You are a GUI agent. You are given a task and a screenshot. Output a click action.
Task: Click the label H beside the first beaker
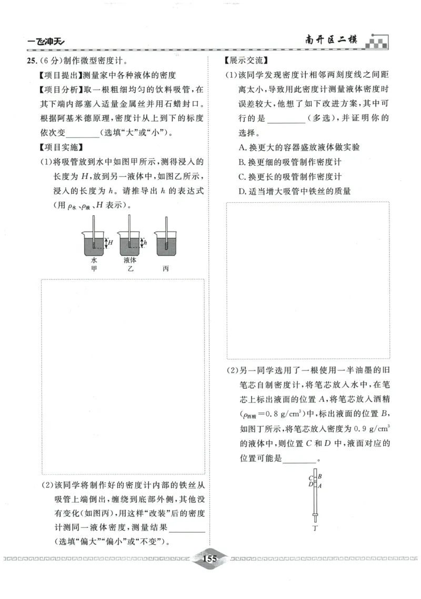111,242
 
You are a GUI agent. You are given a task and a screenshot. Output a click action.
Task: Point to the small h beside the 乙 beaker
145,243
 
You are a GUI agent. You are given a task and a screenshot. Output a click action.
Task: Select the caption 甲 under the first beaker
94,268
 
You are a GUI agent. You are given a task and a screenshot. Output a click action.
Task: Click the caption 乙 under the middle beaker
130,268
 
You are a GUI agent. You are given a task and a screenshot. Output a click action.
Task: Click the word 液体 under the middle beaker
130,260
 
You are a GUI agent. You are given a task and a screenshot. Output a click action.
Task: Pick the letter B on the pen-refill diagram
320,477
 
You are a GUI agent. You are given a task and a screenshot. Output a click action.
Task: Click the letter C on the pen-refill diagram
310,478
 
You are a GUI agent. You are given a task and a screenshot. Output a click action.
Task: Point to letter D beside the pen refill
310,485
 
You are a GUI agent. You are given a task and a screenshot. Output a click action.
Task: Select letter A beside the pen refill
320,486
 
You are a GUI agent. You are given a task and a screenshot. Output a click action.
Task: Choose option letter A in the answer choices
242,147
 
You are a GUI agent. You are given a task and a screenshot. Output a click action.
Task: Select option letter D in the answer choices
242,191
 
